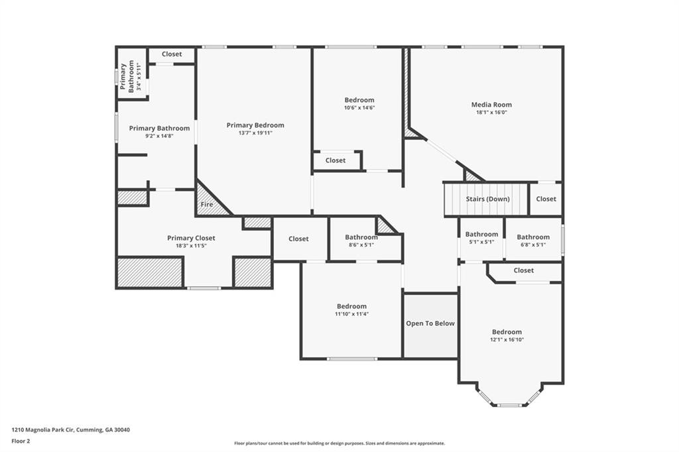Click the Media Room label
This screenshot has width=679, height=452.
pyautogui.click(x=491, y=105)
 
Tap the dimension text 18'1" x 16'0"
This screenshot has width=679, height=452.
pyautogui.click(x=491, y=113)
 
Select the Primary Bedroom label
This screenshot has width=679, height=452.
pyautogui.click(x=255, y=125)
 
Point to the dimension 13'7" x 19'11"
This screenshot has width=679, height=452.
pyautogui.click(x=255, y=133)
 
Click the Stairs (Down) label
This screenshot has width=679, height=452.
pyautogui.click(x=487, y=199)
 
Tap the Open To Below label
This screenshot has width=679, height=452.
pyautogui.click(x=430, y=323)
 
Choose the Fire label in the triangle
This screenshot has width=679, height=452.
pyautogui.click(x=207, y=205)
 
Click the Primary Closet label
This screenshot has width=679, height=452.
pyautogui.click(x=191, y=238)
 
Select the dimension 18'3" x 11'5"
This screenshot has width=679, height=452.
pyautogui.click(x=191, y=246)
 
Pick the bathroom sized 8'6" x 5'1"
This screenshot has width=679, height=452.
pyautogui.click(x=361, y=237)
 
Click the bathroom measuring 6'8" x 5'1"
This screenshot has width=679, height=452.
pyautogui.click(x=533, y=237)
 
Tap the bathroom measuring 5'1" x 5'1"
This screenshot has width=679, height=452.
pyautogui.click(x=481, y=235)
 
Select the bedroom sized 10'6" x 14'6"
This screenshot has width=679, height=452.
pyautogui.click(x=359, y=100)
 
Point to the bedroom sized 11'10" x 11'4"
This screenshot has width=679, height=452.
pyautogui.click(x=351, y=306)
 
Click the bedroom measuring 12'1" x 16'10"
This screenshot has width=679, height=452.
pyautogui.click(x=507, y=332)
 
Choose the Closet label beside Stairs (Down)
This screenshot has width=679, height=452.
pyautogui.click(x=546, y=199)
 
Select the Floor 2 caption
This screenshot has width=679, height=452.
pyautogui.click(x=21, y=441)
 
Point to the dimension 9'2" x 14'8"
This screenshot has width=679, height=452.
pyautogui.click(x=159, y=136)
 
